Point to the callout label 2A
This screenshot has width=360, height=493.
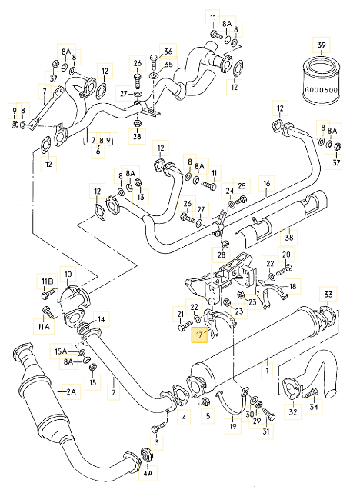click(72, 392)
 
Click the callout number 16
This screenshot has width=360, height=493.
click(267, 185)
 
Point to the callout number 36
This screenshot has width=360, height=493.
click(169, 52)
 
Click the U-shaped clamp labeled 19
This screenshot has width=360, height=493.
click(228, 401)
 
